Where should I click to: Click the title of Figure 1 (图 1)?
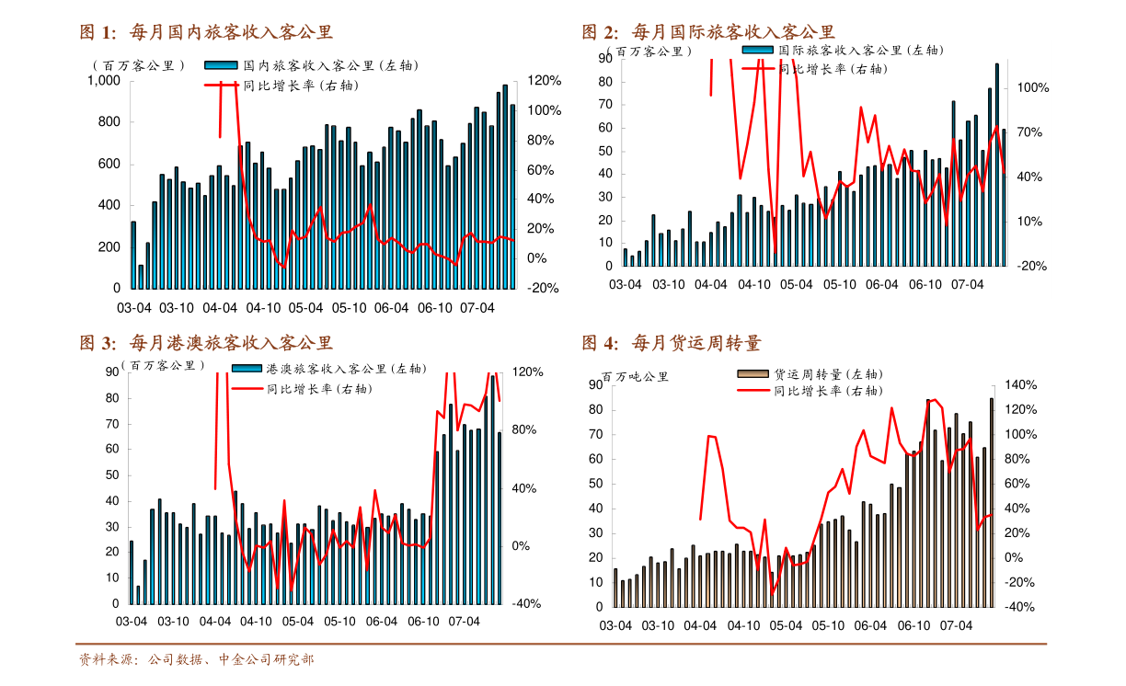(x=206, y=33)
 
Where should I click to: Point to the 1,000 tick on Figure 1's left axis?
(x=103, y=81)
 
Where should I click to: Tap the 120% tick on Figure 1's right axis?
(x=544, y=81)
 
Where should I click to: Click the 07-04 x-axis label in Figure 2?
(x=967, y=285)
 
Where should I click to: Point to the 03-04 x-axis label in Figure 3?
(x=131, y=622)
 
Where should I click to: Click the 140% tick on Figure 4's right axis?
(x=1020, y=385)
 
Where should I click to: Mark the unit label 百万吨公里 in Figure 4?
(x=635, y=376)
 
